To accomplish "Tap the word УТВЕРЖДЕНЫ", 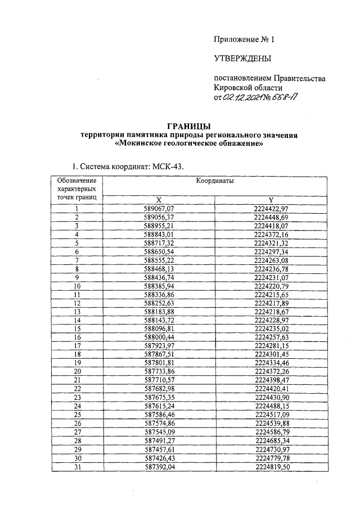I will [242, 58].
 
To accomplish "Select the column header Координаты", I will [215, 182].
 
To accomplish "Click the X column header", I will [159, 200].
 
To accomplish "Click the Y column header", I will [271, 200].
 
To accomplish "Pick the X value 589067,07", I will [160, 209].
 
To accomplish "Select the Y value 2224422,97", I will [271, 209].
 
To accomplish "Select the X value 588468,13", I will [160, 269].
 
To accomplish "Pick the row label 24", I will [76, 406].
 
